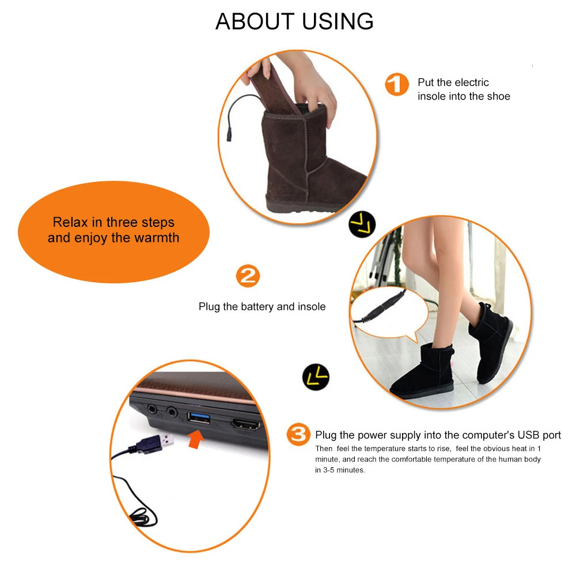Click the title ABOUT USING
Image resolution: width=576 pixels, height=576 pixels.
pos(294,21)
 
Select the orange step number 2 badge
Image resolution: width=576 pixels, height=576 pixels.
pos(248,276)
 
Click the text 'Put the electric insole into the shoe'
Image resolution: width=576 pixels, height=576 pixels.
pos(464,89)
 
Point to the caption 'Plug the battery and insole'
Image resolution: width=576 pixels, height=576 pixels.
pos(262,306)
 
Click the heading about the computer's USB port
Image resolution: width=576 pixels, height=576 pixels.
pos(438,435)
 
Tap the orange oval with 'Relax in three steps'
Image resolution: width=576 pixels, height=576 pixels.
pos(113,230)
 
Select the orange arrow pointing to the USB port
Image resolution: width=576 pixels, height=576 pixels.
pos(196,441)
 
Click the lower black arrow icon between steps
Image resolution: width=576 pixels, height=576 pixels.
pos(316,377)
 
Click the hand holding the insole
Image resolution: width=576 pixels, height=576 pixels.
pos(314,86)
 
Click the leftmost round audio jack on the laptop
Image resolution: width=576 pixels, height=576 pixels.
pos(151,410)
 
